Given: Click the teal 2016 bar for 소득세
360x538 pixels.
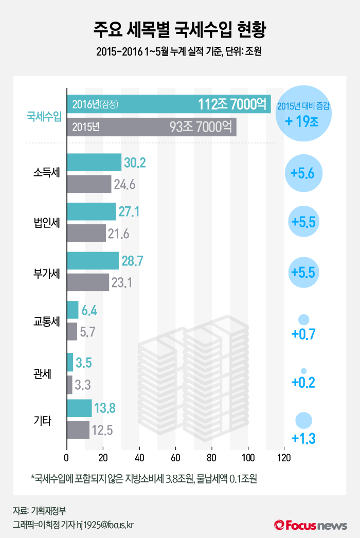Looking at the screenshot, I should tap(94, 163).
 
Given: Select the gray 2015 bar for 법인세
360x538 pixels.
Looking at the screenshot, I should tap(86, 233).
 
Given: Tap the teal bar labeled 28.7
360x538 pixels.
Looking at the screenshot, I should tap(93, 261).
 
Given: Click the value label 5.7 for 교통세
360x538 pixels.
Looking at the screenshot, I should tap(87, 332).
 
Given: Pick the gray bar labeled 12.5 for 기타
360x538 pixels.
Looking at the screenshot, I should tap(78, 429).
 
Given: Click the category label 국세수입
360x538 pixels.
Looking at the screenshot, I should tap(44, 116).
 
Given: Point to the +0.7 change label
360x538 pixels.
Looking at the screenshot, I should tap(303, 334).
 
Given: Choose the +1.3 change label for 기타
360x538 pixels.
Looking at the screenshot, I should tap(303, 439).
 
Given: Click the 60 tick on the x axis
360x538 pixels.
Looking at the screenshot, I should tap(175, 458).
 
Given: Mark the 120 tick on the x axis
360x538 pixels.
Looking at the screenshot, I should tap(284, 458).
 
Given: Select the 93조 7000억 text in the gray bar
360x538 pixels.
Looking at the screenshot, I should tap(201, 127).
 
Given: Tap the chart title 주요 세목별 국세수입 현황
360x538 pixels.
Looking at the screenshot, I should tap(179, 29).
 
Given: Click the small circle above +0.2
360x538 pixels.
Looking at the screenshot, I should tap(303, 371).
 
